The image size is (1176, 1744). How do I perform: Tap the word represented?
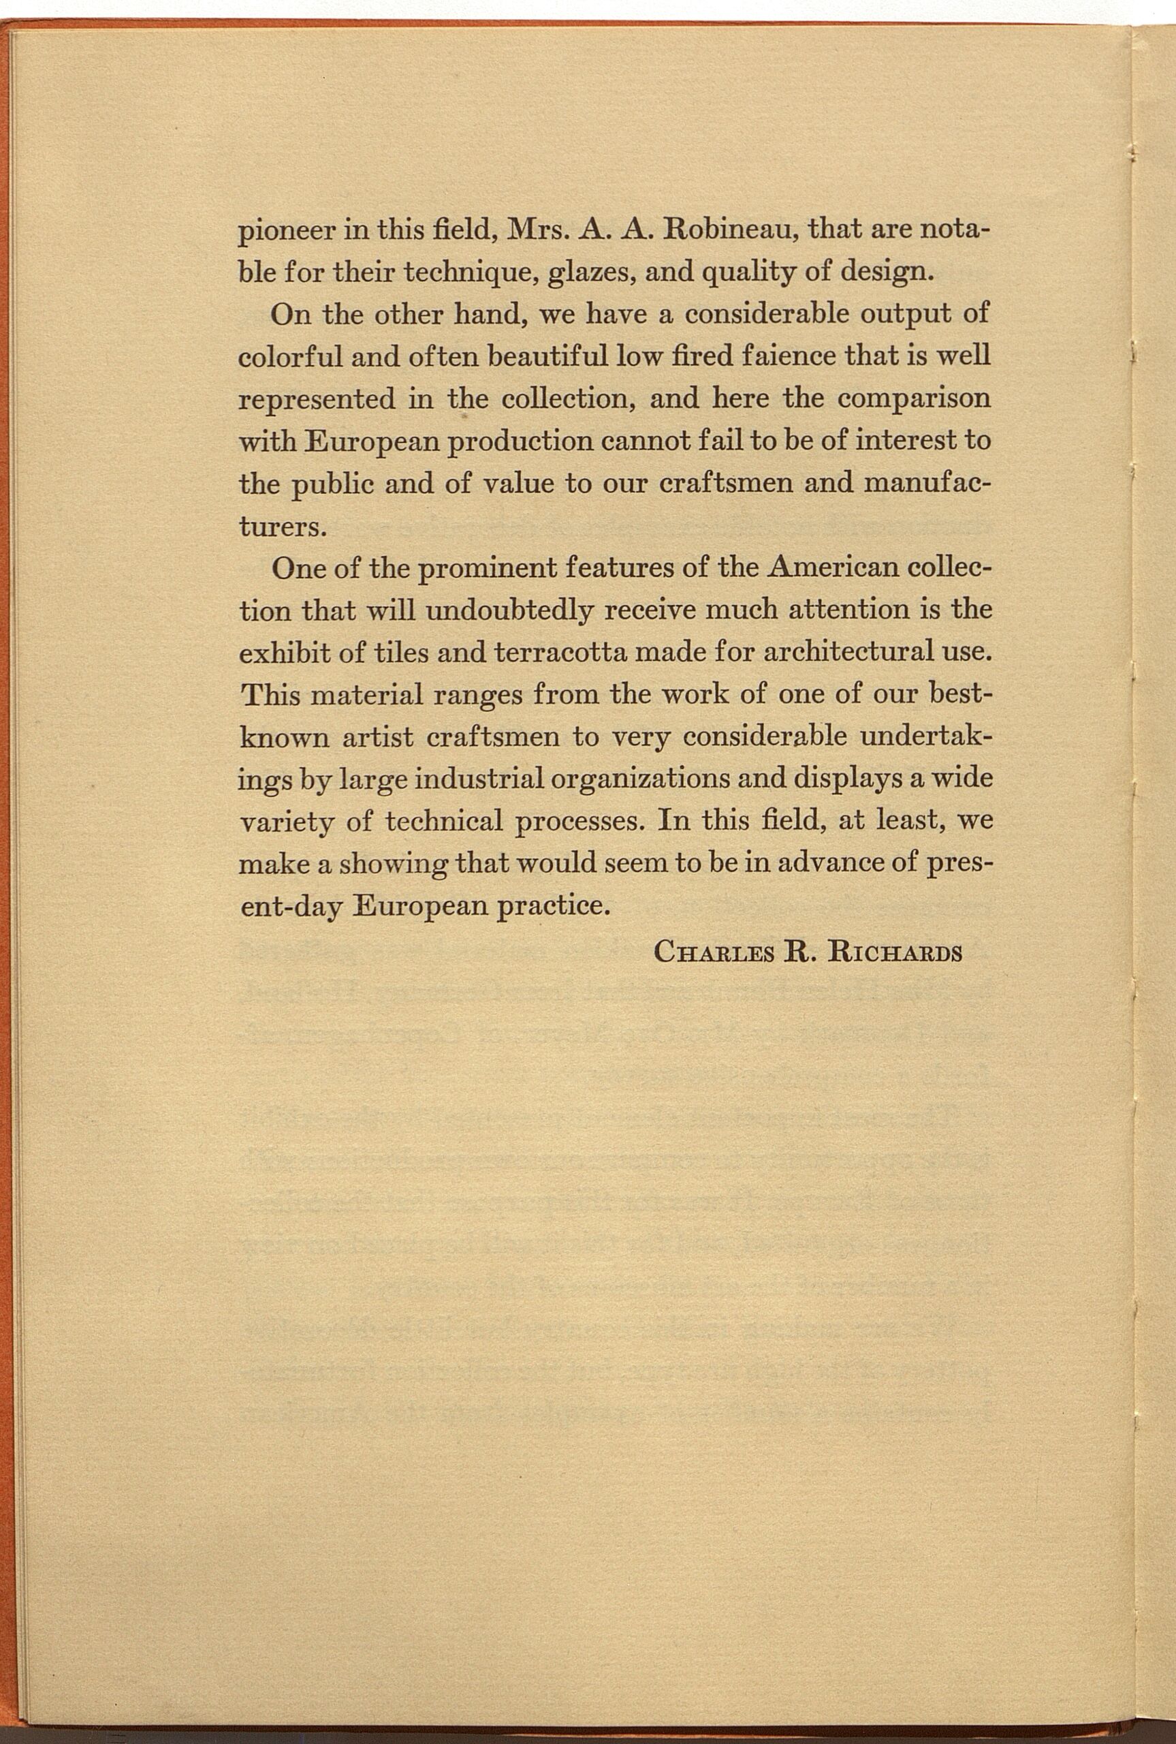[317, 398]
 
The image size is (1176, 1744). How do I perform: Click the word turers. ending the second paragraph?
[282, 527]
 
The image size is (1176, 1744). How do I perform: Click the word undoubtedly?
[509, 610]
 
